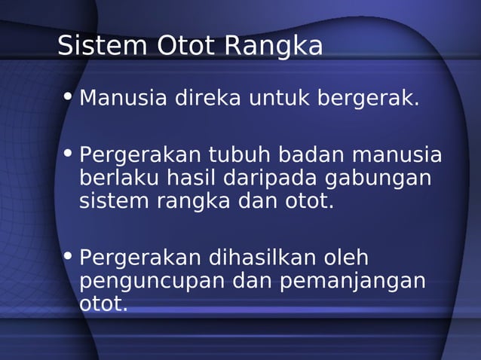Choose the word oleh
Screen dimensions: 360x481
pyautogui.click(x=345, y=258)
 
